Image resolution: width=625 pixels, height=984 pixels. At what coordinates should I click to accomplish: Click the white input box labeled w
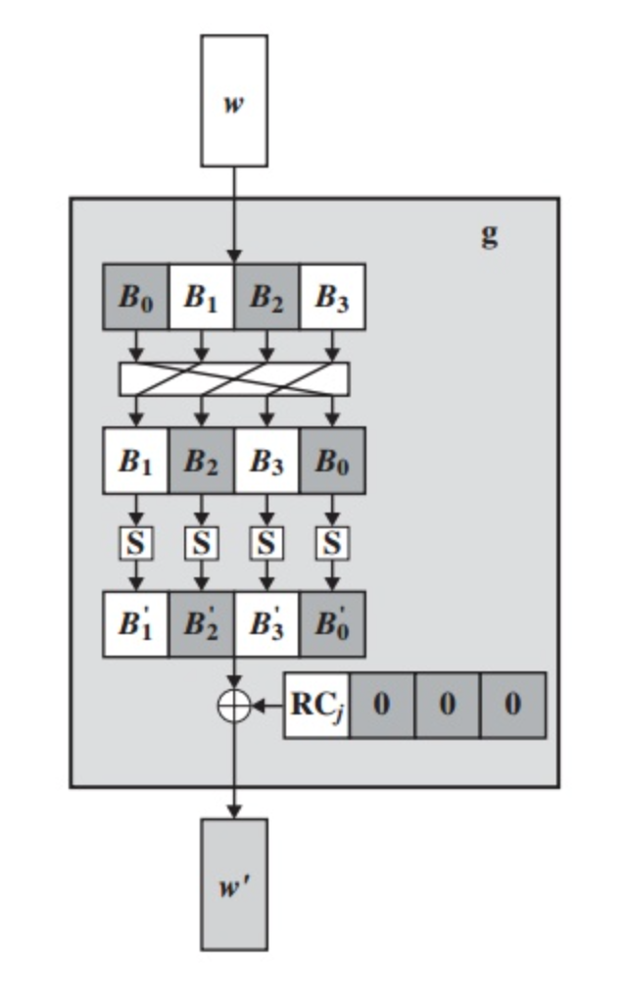click(x=234, y=101)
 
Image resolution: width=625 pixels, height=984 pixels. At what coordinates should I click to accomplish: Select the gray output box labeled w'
click(x=234, y=884)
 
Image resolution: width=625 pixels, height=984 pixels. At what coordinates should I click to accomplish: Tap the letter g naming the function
click(x=489, y=234)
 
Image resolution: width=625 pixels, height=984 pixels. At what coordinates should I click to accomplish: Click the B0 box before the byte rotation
click(x=136, y=297)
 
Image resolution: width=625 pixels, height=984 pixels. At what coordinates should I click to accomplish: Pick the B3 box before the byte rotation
click(x=332, y=297)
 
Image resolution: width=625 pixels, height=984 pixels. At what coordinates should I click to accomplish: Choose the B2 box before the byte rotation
click(x=266, y=297)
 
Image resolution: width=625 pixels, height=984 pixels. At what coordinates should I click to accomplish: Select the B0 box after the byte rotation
click(x=332, y=461)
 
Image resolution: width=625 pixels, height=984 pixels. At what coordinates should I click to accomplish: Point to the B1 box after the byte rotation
click(x=136, y=461)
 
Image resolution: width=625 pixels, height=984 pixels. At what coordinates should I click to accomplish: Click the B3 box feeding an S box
click(x=266, y=461)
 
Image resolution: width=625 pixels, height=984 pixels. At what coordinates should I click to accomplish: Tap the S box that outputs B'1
click(x=136, y=542)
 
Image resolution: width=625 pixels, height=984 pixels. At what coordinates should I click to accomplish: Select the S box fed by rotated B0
click(x=332, y=542)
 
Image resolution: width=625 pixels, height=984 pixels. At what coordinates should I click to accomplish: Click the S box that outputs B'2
click(x=201, y=542)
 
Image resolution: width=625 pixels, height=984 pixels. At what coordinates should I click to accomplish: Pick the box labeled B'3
click(x=266, y=624)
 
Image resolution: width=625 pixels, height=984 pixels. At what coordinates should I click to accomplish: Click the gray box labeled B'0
click(x=332, y=624)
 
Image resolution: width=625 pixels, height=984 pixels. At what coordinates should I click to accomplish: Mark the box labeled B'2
click(x=201, y=624)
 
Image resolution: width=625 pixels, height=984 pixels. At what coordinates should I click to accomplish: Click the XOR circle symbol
click(x=234, y=705)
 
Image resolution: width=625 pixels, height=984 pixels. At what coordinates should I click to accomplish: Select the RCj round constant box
click(x=316, y=705)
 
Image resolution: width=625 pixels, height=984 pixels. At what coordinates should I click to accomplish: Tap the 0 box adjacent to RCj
click(x=381, y=705)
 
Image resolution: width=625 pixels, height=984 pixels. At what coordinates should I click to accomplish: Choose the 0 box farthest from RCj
click(x=512, y=705)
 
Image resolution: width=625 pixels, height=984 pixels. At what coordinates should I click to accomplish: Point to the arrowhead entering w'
click(x=234, y=811)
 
